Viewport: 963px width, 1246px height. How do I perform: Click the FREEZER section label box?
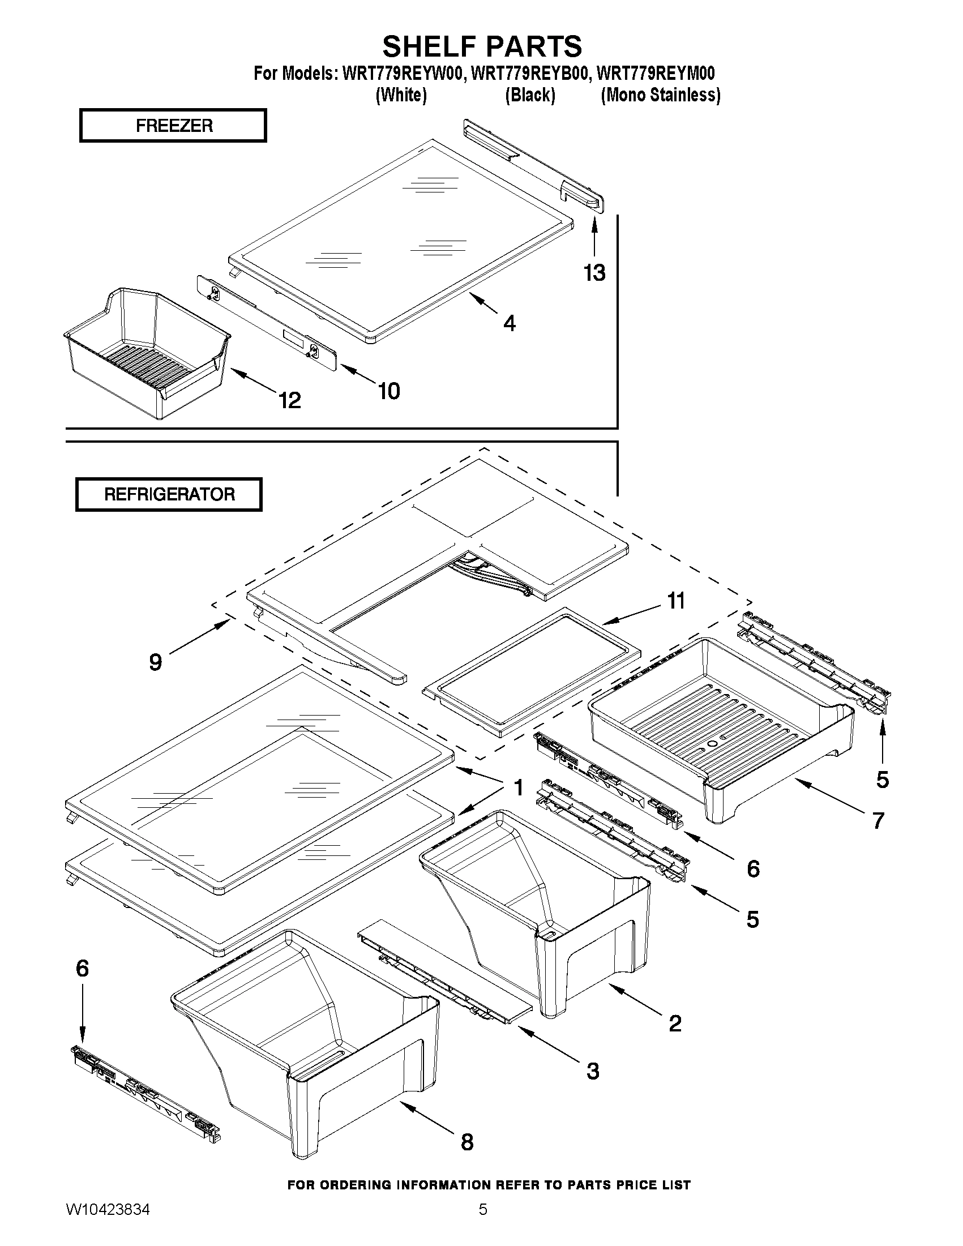(x=173, y=126)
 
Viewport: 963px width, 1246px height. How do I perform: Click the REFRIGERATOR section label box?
(x=169, y=494)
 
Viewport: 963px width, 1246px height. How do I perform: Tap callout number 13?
(x=594, y=273)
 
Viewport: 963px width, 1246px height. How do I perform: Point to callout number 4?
(x=510, y=323)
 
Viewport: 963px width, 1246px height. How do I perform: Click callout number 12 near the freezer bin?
(x=290, y=400)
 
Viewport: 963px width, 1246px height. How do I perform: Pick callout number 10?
(x=389, y=391)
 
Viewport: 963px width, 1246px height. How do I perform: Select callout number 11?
(x=676, y=601)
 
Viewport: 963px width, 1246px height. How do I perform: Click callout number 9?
(x=155, y=662)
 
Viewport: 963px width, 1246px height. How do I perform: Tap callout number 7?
(x=878, y=820)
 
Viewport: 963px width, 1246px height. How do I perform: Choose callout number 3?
(x=593, y=1071)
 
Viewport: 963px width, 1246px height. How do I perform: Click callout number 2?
(x=675, y=1024)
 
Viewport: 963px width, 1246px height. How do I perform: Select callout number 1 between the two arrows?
(x=518, y=788)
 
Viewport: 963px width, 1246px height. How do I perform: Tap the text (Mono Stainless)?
(x=661, y=95)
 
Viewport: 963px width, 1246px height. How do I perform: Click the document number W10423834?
(x=108, y=1223)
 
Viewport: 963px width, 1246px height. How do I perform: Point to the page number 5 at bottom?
(x=483, y=1223)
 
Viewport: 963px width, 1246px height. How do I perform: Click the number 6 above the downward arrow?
(x=82, y=968)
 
